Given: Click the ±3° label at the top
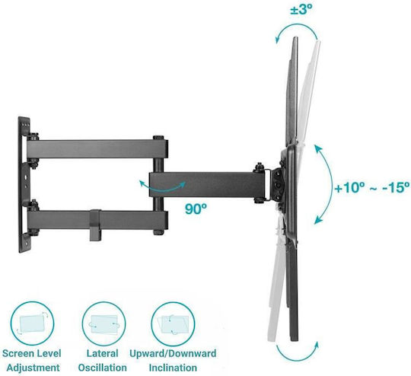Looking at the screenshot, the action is [301, 10].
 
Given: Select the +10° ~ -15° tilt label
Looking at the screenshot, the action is [372, 187].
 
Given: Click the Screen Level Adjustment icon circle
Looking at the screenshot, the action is [32, 323].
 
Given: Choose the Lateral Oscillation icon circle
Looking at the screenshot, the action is [104, 323].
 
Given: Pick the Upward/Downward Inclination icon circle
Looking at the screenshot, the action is [173, 323].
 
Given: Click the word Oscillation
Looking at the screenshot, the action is [103, 368].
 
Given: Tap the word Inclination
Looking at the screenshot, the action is [173, 368].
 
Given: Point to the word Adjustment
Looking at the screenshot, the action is [33, 368].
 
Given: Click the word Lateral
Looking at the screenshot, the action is [103, 353].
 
